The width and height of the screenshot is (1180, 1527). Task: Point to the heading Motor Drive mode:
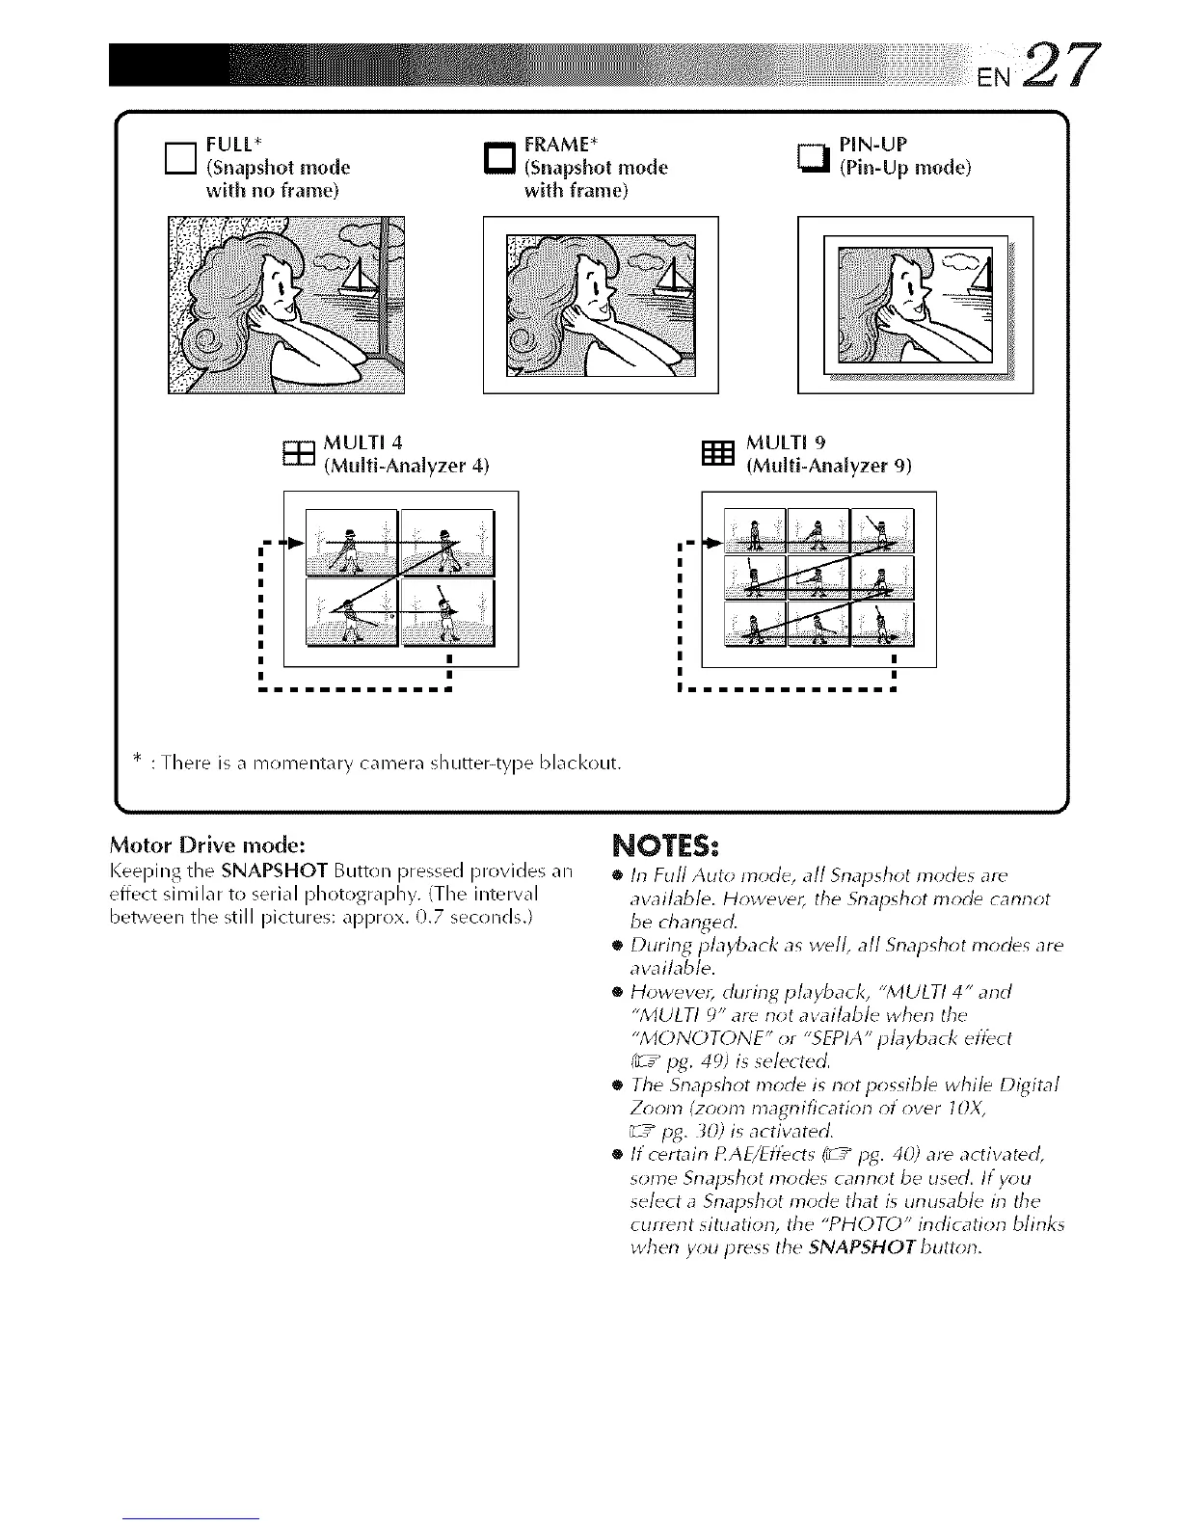click(208, 845)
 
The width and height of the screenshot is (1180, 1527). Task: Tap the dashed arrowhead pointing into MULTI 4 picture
click(297, 544)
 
